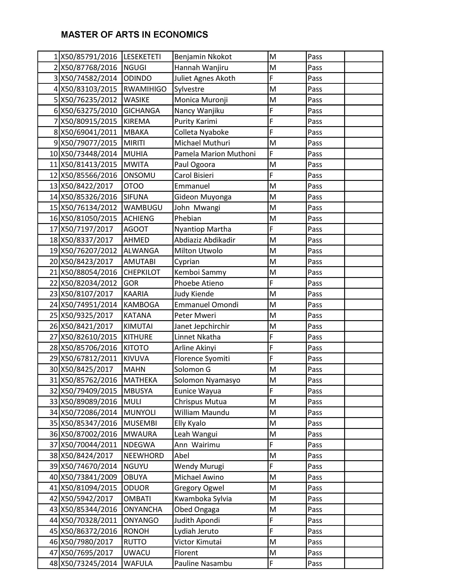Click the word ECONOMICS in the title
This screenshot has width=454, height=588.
point(181,35)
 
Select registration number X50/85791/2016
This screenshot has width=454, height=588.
point(89,57)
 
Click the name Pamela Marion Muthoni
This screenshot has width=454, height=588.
point(215,154)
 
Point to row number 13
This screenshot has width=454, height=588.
point(54,186)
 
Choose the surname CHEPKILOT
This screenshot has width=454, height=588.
point(142,272)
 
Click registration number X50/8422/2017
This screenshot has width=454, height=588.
point(87,186)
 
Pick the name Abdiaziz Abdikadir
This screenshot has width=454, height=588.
point(205,240)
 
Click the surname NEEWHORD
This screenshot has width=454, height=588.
point(144,456)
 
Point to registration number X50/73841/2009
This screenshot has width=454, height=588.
point(89,477)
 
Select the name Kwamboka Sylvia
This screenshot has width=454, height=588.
point(203,499)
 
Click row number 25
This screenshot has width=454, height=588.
point(54,315)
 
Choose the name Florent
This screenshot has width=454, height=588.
point(186,553)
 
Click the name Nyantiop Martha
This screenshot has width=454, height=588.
point(203,229)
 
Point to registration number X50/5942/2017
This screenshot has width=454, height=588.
point(87,499)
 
